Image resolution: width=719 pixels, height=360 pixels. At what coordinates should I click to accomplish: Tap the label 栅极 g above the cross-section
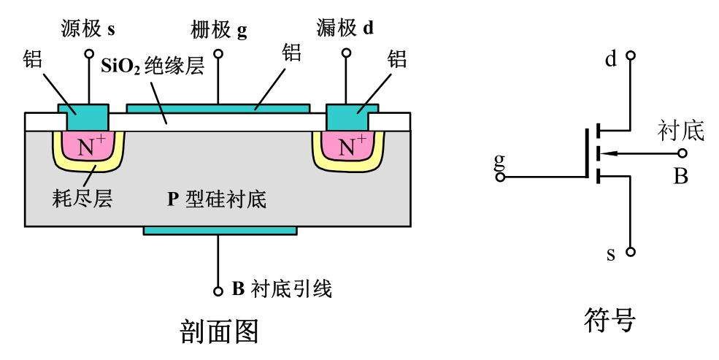click(x=218, y=29)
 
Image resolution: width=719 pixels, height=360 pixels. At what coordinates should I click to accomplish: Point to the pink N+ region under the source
click(x=87, y=146)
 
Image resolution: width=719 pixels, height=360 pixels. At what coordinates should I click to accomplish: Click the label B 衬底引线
click(x=282, y=290)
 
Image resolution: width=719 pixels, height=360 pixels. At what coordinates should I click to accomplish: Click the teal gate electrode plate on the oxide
click(x=218, y=107)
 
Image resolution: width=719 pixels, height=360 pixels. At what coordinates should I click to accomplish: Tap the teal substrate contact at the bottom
click(x=220, y=230)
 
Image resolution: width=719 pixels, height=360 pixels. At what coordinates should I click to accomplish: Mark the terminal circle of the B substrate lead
click(x=218, y=291)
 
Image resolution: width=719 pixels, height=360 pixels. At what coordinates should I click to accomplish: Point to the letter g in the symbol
click(x=499, y=161)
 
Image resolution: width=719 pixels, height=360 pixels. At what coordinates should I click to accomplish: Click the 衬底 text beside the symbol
click(x=680, y=131)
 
